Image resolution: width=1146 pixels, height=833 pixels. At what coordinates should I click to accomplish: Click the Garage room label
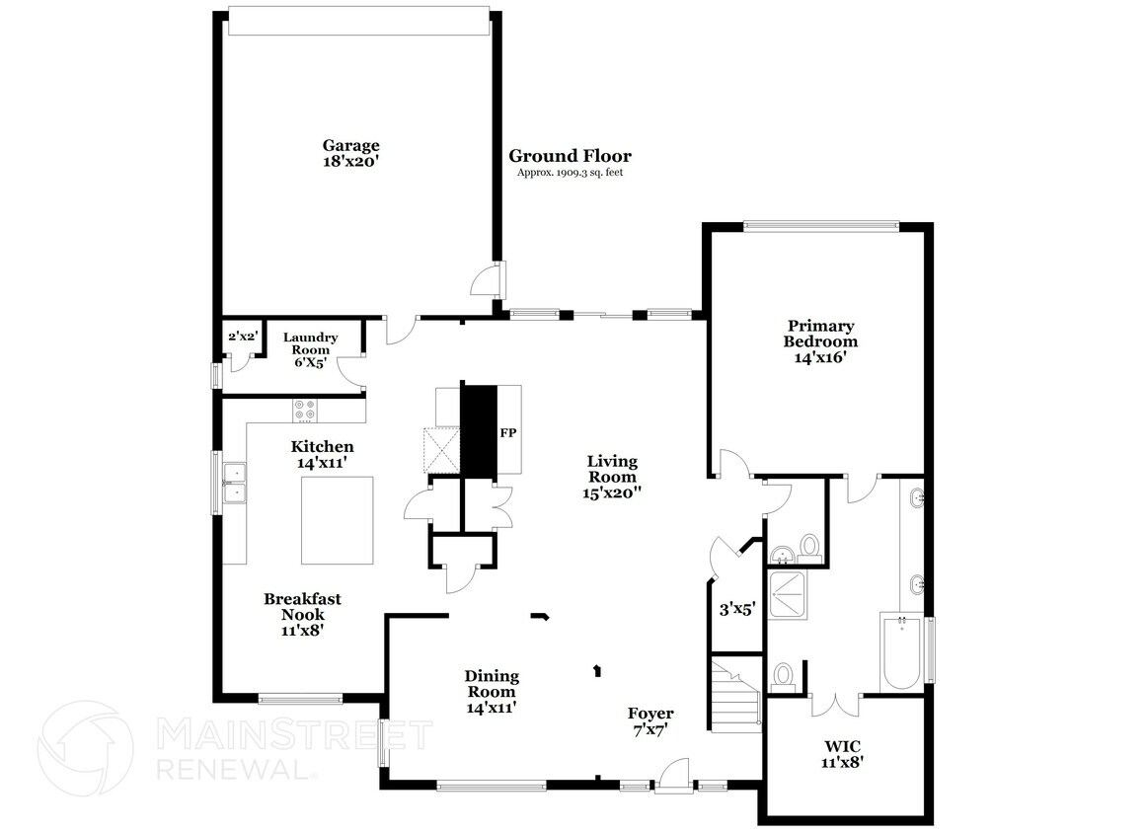click(350, 153)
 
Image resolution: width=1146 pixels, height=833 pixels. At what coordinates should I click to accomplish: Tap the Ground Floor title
click(570, 156)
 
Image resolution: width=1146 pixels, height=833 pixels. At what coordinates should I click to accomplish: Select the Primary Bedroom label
click(820, 341)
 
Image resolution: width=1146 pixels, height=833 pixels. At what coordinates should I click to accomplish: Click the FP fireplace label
click(508, 433)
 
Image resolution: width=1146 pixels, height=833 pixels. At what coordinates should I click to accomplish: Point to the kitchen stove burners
click(305, 410)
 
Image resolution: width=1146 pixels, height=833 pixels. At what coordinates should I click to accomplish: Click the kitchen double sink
click(235, 483)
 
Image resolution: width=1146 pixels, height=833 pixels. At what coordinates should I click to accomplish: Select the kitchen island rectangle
click(338, 518)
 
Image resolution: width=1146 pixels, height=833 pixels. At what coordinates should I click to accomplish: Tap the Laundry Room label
click(310, 349)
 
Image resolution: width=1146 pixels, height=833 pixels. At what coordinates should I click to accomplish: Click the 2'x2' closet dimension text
click(243, 338)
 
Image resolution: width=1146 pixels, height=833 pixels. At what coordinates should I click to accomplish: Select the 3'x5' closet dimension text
click(735, 610)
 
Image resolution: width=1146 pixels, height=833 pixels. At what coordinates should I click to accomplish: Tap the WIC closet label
click(844, 753)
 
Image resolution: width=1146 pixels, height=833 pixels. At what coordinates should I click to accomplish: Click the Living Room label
click(612, 476)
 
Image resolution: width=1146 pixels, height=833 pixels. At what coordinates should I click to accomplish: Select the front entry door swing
click(675, 775)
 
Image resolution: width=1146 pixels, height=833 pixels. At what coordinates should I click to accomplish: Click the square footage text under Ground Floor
click(570, 174)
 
